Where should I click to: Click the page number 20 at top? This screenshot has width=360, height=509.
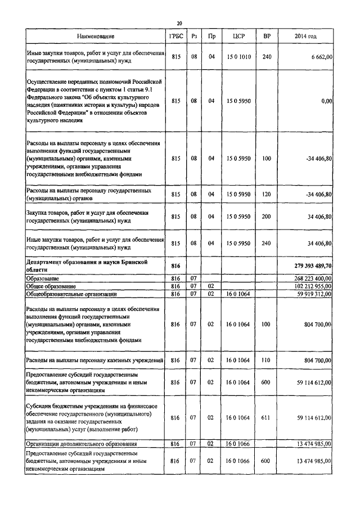[x=179, y=23]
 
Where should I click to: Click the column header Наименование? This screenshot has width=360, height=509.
[x=96, y=36]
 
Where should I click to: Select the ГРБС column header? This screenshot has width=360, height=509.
[x=175, y=36]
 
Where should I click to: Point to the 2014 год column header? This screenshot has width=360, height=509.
[x=305, y=36]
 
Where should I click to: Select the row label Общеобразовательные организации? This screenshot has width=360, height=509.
[x=72, y=294]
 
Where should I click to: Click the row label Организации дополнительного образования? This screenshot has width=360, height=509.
[x=78, y=444]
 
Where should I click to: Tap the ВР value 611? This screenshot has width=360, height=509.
[x=267, y=418]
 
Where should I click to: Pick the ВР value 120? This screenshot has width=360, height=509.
[x=267, y=195]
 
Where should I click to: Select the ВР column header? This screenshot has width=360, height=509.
[x=267, y=36]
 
